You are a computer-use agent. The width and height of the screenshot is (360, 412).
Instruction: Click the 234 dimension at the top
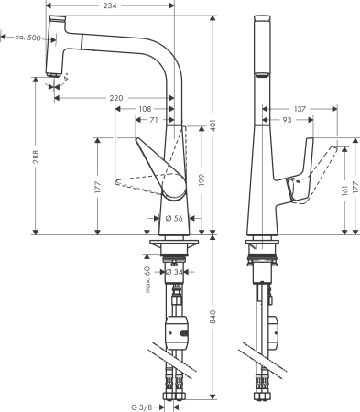tap(110, 6)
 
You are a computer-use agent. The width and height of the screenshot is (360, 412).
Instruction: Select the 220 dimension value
tap(116, 97)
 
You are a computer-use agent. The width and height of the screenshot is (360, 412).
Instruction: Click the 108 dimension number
tap(144, 108)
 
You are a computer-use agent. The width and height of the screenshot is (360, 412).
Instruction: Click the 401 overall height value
tap(213, 125)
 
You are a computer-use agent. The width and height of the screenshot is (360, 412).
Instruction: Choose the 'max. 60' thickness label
tap(147, 279)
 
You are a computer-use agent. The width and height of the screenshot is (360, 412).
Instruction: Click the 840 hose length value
tap(213, 317)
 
